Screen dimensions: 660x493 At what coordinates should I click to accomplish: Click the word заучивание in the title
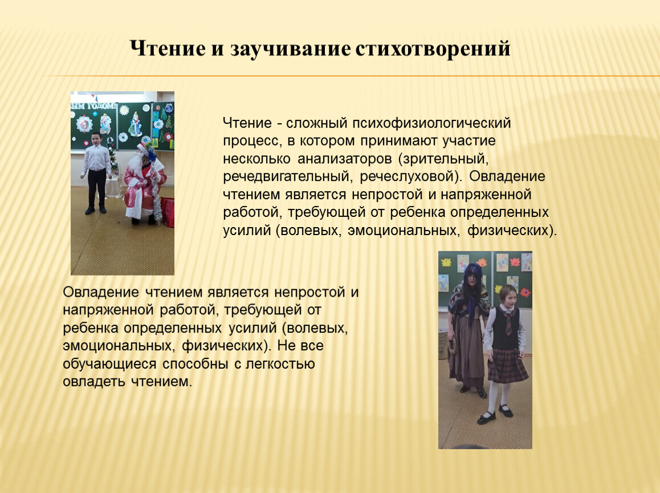point(290,49)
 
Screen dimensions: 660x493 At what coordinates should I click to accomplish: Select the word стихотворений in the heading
point(432,49)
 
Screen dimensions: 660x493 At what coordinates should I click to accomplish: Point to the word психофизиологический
point(431,123)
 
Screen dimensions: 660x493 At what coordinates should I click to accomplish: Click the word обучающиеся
point(109,363)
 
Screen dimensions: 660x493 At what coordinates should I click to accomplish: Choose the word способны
point(195,363)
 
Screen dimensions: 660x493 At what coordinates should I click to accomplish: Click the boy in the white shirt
point(96,173)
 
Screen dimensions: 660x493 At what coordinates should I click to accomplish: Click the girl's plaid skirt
point(507,365)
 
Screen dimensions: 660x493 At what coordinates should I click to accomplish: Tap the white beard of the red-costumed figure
point(136,162)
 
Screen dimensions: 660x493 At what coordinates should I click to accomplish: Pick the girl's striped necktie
point(509,323)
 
